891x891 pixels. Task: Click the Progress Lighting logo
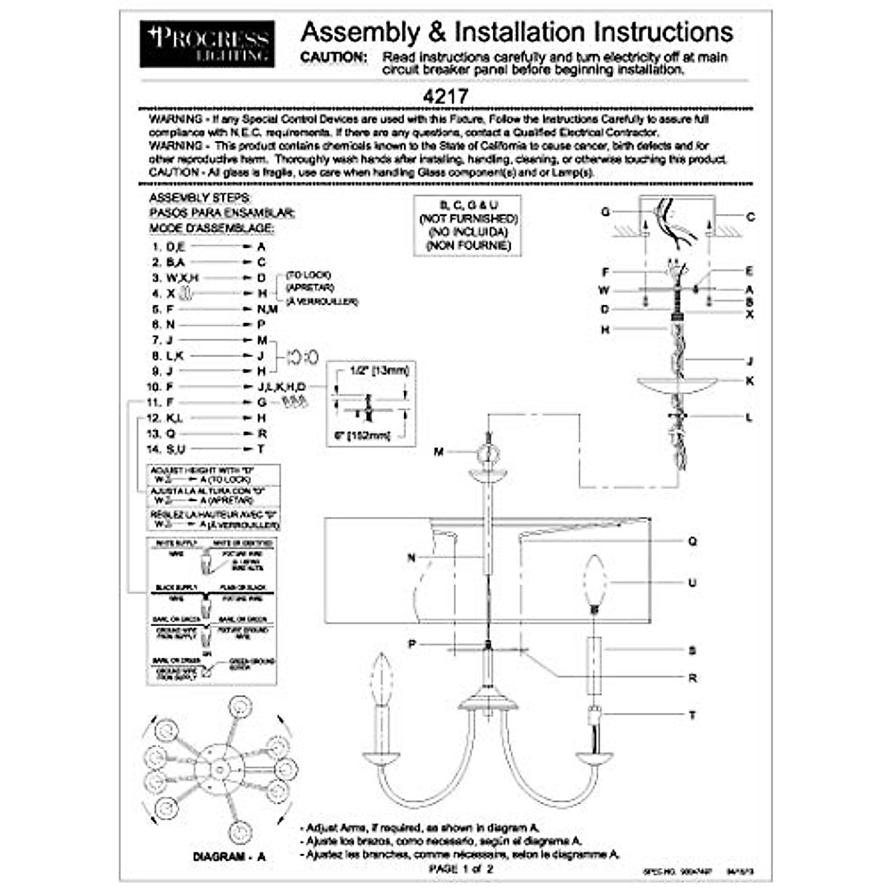tap(206, 44)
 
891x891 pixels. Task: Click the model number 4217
tap(445, 97)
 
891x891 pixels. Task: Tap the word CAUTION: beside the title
tap(333, 57)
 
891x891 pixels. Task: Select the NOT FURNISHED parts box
tap(468, 226)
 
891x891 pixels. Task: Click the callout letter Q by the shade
tap(692, 541)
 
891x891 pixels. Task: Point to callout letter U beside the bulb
tap(692, 583)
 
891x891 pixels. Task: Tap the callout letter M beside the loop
tap(439, 451)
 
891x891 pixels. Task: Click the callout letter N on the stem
tap(411, 558)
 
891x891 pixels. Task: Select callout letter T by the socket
tap(692, 715)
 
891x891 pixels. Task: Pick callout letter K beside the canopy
tap(750, 381)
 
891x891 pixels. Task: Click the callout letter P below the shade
tap(412, 644)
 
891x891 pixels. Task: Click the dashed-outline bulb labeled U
tap(594, 581)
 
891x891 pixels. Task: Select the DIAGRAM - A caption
tap(229, 856)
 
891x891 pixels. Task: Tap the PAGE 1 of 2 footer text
tap(460, 868)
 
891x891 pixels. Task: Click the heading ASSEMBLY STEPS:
tap(200, 198)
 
